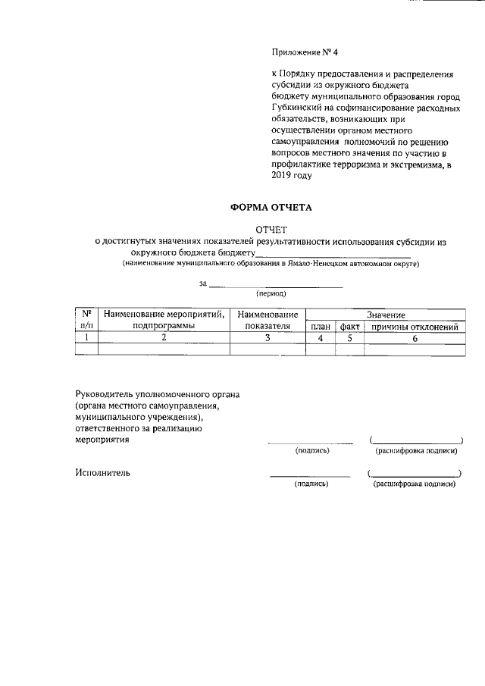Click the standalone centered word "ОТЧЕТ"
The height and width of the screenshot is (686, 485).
tap(271, 230)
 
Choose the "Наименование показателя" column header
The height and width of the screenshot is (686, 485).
tap(268, 319)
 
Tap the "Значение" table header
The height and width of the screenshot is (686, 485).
tap(386, 314)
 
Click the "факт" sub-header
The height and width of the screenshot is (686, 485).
tap(349, 326)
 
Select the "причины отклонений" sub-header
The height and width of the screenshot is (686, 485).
tap(414, 326)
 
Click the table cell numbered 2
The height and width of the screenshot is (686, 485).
tap(164, 338)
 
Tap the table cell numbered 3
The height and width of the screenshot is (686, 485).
tap(268, 338)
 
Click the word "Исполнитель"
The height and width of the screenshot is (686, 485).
tap(103, 473)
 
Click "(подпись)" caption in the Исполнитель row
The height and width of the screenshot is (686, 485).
tap(311, 483)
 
